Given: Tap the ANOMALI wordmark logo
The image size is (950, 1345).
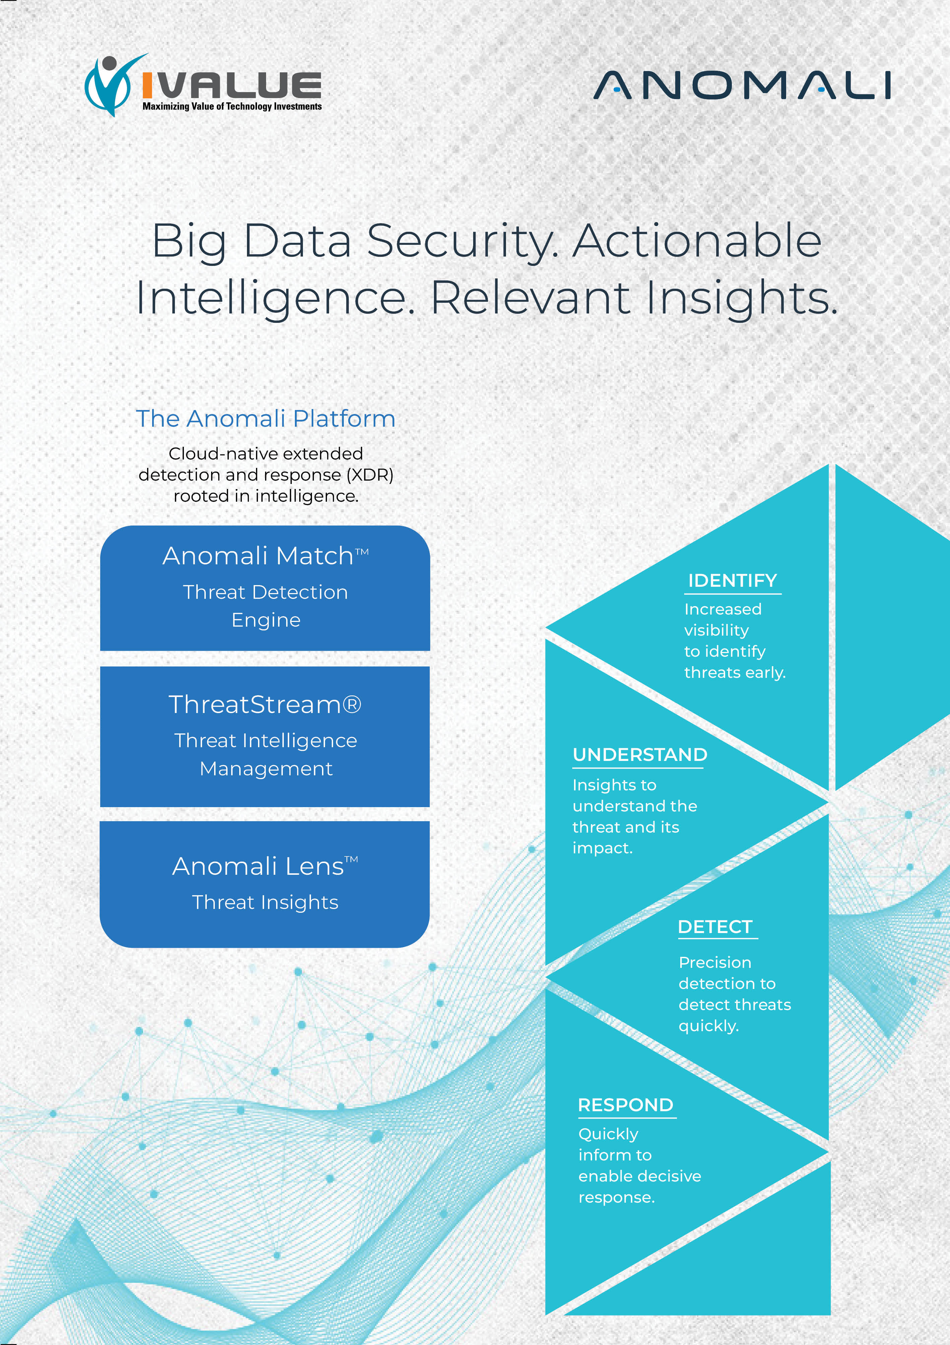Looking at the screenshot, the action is click(743, 85).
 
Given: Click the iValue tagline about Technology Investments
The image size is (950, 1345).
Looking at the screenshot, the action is click(232, 107).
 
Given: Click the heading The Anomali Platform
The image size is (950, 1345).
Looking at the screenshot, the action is click(265, 419).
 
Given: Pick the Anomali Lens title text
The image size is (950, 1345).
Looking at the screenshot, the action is click(265, 866).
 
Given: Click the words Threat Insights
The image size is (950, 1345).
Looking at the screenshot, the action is click(265, 903).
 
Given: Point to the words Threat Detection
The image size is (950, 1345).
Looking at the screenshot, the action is click(265, 592).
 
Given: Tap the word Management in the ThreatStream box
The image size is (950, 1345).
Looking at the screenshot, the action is click(266, 769).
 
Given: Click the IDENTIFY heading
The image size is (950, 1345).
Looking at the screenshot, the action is click(733, 580).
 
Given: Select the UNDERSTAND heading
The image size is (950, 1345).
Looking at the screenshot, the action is click(640, 755).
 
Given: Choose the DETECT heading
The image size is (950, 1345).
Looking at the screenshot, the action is click(715, 927).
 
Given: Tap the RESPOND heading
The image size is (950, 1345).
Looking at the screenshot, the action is click(625, 1105).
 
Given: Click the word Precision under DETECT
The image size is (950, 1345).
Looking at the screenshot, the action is click(715, 963).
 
